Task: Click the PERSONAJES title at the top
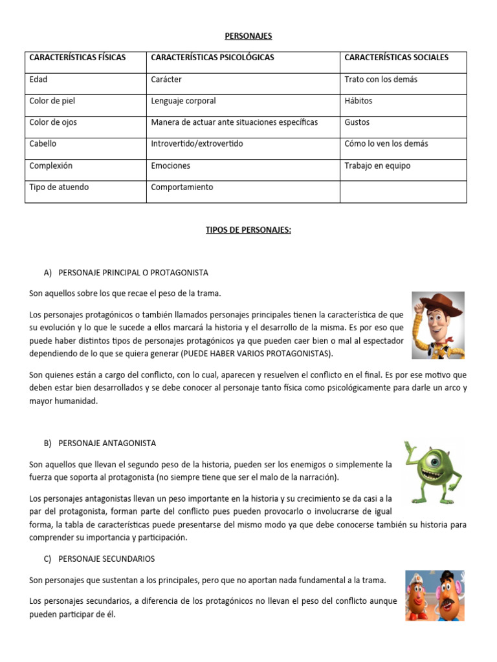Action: [248, 37]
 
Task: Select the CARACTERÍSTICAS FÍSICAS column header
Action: [77, 58]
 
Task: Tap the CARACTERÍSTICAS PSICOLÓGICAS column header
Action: [212, 58]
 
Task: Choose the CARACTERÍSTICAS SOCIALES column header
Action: [396, 58]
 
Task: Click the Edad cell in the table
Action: [38, 80]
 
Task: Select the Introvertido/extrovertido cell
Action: [197, 144]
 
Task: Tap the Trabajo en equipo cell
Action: [377, 165]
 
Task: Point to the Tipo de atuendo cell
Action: [59, 187]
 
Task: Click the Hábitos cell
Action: [359, 101]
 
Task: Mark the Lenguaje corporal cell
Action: [183, 101]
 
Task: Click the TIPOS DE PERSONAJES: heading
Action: [248, 230]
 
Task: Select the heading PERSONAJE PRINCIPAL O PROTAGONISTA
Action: [133, 272]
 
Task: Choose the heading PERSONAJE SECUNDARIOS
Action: [106, 558]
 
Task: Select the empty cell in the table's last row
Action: [403, 191]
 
